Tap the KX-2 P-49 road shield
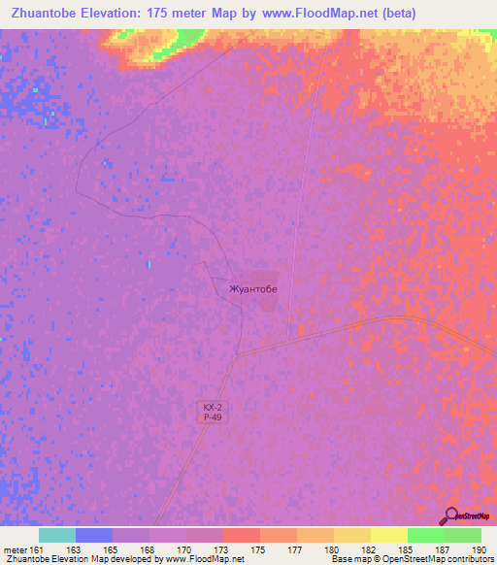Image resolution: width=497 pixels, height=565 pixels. pos(214,412)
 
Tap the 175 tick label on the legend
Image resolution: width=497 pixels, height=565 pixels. pos(259,550)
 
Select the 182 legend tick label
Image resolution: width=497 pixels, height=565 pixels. pos(370,550)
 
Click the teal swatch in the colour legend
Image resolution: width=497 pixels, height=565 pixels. pos(57,535)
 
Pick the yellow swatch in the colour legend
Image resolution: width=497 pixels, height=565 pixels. pos(388,535)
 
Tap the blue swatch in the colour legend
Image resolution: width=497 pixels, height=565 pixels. pos(94,535)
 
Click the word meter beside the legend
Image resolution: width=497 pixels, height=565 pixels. pos(15,550)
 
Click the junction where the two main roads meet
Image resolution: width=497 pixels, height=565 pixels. pos(236,354)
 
